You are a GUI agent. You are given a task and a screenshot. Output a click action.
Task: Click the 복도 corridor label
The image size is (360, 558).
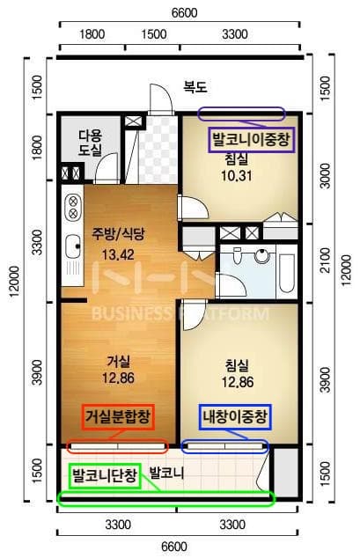coord(195,87)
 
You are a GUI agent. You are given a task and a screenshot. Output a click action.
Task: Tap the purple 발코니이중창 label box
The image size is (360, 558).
coord(251,139)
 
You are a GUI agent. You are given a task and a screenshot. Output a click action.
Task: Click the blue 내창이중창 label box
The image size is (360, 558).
coord(235,415)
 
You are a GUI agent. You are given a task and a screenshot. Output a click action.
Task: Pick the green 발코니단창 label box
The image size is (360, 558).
coord(105,477)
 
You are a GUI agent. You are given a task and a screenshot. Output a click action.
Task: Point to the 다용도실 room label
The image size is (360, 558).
coord(90,143)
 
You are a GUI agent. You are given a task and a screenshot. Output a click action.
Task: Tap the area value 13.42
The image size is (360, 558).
coord(117,255)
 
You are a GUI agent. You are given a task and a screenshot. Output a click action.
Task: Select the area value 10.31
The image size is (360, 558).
coord(236,175)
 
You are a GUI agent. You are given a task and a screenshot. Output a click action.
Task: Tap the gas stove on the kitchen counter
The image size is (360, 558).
coord(70,209)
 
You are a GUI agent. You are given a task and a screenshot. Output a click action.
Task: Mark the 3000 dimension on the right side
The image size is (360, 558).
coord(323,176)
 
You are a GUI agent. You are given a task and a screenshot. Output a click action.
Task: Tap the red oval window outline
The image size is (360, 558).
coord(116,446)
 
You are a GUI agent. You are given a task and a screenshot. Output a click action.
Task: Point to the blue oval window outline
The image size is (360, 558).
coord(224,446)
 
